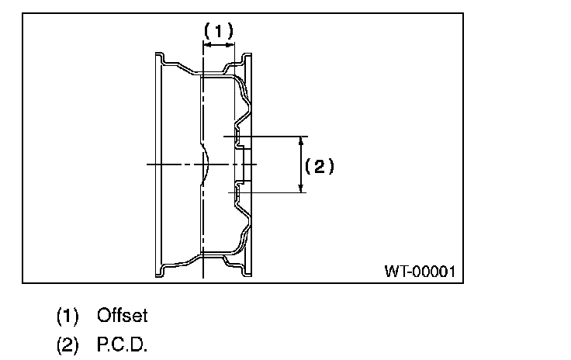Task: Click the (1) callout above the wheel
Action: [x=218, y=30]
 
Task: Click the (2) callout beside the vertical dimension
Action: [x=319, y=165]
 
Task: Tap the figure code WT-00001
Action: [x=419, y=272]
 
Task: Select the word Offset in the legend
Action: [x=122, y=316]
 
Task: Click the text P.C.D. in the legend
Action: [x=123, y=344]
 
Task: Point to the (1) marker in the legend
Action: [x=67, y=316]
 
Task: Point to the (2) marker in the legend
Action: [x=67, y=344]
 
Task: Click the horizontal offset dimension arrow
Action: [x=218, y=47]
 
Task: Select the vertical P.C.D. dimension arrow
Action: [x=300, y=164]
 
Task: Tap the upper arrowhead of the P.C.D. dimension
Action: [x=300, y=140]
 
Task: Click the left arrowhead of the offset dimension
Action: [x=205, y=47]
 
